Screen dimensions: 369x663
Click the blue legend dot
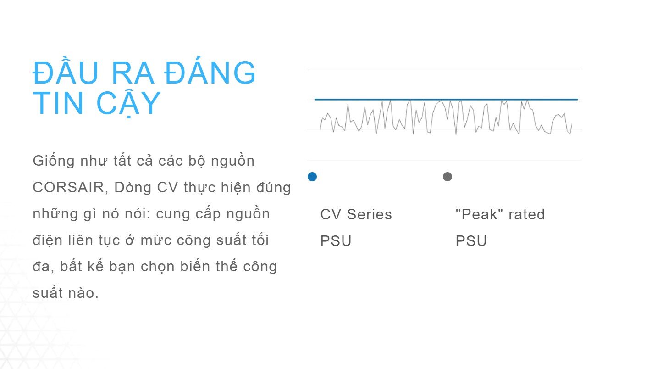pos(312,177)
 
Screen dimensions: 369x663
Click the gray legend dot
pos(448,177)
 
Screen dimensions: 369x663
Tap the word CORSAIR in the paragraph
pos(69,188)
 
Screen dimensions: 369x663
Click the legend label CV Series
pos(356,214)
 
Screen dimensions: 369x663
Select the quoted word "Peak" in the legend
pos(475,214)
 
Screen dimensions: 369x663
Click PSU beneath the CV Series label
pos(336,241)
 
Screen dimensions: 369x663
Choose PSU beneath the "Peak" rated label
pos(471,241)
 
